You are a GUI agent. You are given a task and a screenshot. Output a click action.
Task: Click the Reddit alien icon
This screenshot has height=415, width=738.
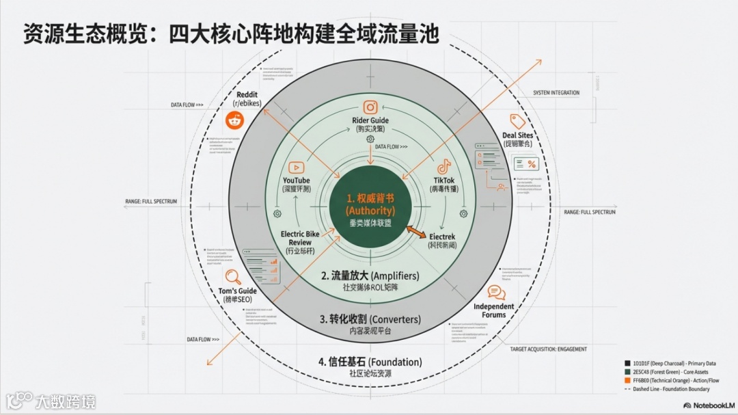point(235,120)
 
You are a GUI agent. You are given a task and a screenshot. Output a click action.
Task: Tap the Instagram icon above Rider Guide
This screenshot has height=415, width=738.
point(370,107)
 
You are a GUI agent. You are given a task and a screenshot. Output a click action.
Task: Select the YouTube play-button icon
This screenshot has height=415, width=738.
point(296,167)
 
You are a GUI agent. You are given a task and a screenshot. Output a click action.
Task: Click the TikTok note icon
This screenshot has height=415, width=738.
point(444,166)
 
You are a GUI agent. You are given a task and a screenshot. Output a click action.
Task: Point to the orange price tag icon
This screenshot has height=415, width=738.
point(517,121)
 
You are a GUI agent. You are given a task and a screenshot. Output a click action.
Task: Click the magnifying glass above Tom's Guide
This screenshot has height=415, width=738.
point(233,277)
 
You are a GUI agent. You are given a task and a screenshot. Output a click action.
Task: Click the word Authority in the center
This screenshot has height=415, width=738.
point(370,211)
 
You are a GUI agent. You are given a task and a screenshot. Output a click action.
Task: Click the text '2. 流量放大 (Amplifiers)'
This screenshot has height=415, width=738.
point(370,276)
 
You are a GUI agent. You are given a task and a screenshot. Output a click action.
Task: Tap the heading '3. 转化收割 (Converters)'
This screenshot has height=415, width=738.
point(370,319)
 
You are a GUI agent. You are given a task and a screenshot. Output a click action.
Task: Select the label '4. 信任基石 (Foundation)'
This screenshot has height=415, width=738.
point(370,362)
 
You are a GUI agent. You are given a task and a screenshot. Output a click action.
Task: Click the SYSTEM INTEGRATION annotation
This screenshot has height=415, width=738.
point(556,93)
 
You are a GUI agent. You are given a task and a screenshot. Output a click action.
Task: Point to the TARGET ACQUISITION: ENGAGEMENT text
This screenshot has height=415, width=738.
point(548,349)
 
